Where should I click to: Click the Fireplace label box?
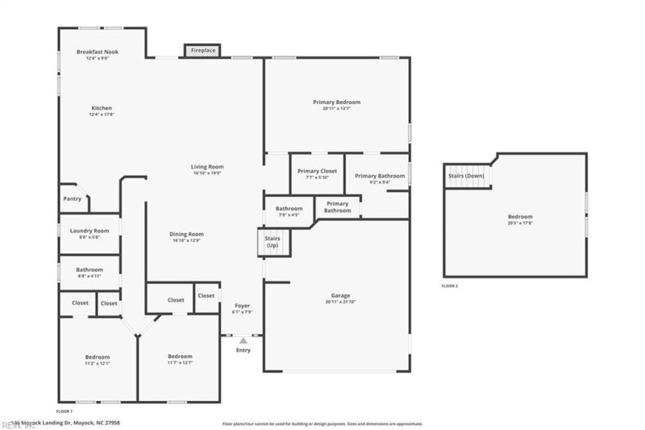point(202,51)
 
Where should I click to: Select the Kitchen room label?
point(102,108)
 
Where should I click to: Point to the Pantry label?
point(73,198)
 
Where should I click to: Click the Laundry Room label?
point(89,231)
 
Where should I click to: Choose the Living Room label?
point(207,167)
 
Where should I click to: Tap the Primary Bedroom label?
point(336,102)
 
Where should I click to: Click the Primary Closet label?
point(317,171)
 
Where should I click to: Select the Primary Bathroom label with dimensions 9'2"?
point(379,176)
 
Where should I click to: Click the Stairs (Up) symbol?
point(272,243)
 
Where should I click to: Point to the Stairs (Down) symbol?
point(467,176)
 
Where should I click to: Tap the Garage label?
point(340,295)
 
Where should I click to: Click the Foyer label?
point(242,306)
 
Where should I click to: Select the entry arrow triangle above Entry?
point(242,341)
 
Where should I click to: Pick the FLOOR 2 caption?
point(450,286)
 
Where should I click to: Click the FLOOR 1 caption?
point(64,411)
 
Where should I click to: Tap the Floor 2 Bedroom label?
point(519,216)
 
